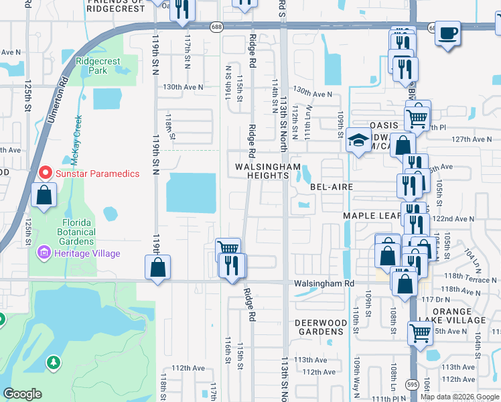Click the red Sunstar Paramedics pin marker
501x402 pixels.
pyautogui.click(x=46, y=173)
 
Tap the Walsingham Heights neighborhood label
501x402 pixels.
pyautogui.click(x=262, y=171)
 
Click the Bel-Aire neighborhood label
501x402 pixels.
pyautogui.click(x=331, y=187)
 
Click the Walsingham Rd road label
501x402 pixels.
pyautogui.click(x=323, y=283)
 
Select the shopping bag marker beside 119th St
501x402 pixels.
pyautogui.click(x=157, y=267)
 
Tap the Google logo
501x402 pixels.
pyautogui.click(x=22, y=394)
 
